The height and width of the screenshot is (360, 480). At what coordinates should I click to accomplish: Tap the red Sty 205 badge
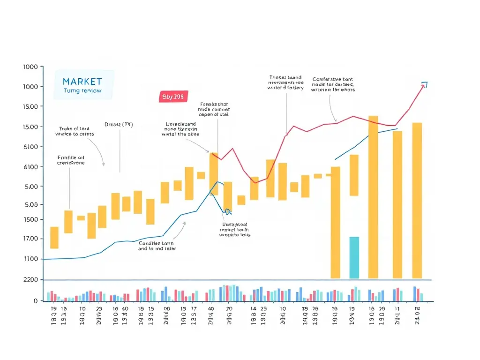173,97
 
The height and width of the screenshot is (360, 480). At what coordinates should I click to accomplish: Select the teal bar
354,257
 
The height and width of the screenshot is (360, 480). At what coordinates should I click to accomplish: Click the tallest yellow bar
373,197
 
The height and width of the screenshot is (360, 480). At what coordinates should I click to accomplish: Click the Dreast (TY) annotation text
119,125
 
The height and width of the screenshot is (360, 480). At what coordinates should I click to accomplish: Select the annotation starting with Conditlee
156,246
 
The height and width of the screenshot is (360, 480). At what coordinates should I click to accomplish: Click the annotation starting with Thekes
285,82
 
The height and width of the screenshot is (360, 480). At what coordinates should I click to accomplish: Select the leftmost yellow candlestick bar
54,238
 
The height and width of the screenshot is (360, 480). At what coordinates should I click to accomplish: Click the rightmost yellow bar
417,200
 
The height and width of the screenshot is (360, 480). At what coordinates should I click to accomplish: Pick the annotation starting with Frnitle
71,160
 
